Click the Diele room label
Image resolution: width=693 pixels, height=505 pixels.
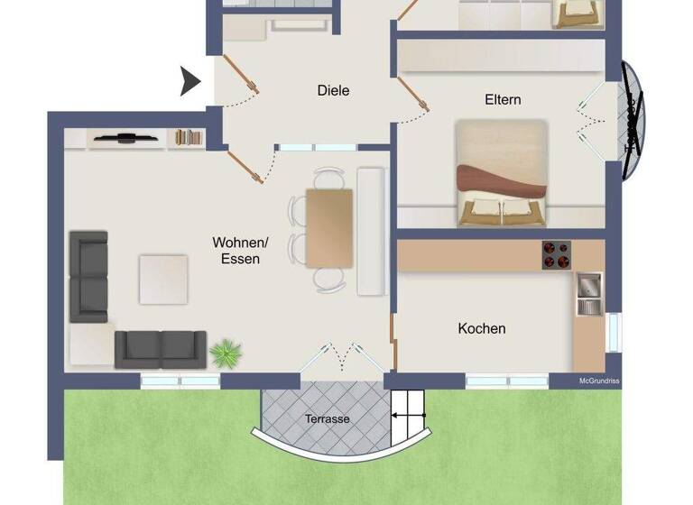pos(333,90)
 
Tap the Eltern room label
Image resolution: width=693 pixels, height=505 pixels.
pos(503,99)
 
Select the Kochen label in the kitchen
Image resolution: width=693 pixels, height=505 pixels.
pos(481,328)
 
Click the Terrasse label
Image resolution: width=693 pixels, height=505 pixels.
pos(327,419)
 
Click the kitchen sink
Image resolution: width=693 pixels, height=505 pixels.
pos(588,294)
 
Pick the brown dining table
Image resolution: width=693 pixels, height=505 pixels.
pos(328,227)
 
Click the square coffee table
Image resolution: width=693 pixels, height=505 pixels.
pos(163,279)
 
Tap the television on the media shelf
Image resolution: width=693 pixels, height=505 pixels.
pos(126,138)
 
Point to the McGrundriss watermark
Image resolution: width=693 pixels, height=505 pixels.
pos(598,381)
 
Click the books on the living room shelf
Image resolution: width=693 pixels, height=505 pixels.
pos(189,137)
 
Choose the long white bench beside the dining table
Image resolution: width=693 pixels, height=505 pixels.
pos(371,231)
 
